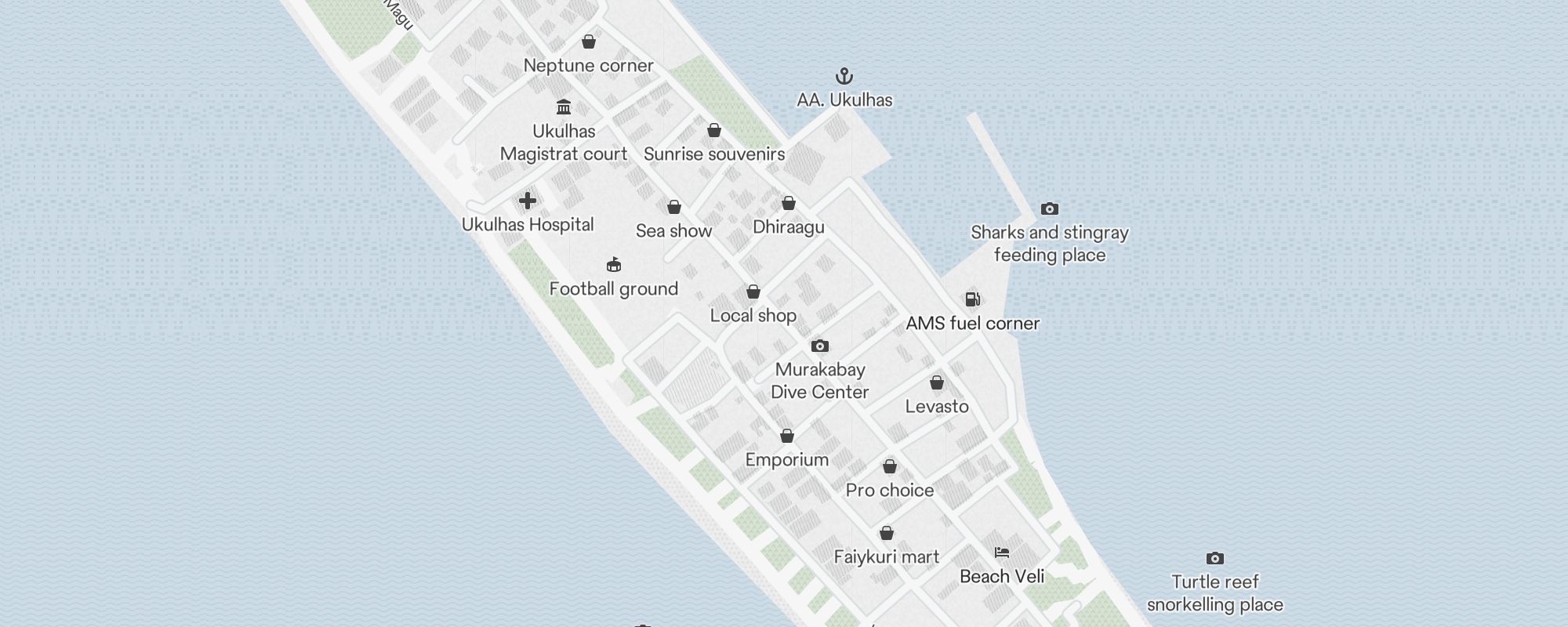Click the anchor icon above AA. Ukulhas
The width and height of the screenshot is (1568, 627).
point(844,76)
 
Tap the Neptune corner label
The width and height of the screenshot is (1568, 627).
point(588,66)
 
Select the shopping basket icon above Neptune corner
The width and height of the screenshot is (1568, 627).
point(589,42)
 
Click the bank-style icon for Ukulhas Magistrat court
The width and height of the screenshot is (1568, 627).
point(564,107)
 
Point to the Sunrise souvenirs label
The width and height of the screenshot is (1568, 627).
point(714,154)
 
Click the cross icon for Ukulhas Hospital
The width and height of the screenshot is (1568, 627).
point(528,201)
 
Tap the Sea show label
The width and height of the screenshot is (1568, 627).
point(673,231)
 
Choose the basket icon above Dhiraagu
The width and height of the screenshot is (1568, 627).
point(789,204)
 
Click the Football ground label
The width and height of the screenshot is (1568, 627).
point(614,289)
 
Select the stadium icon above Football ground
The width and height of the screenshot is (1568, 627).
point(614,265)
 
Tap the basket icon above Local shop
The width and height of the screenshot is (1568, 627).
point(753,292)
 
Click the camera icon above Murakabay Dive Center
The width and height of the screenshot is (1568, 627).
point(820,346)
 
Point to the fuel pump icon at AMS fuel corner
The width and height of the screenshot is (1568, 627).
point(972,299)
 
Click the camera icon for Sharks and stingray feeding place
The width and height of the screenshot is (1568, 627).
point(1050,209)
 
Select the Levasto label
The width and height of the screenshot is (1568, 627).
point(937,407)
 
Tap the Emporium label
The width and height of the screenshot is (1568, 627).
point(787,460)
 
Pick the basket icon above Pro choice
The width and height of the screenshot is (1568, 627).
point(890,467)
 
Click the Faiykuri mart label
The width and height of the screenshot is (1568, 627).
point(887,557)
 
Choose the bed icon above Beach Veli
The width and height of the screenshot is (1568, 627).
point(1002,553)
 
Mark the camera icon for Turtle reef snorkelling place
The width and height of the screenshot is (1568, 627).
point(1215,559)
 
